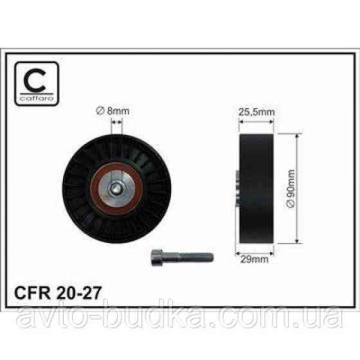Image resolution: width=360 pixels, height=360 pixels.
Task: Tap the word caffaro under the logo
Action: (37, 98)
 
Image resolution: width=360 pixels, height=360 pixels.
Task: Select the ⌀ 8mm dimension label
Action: (113, 111)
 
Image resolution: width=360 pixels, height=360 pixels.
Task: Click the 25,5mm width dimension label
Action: (256, 112)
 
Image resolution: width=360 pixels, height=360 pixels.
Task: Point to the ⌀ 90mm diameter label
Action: (291, 189)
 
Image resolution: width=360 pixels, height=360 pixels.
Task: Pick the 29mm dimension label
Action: (255, 259)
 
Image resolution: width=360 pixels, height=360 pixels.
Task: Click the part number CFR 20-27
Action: (58, 292)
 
